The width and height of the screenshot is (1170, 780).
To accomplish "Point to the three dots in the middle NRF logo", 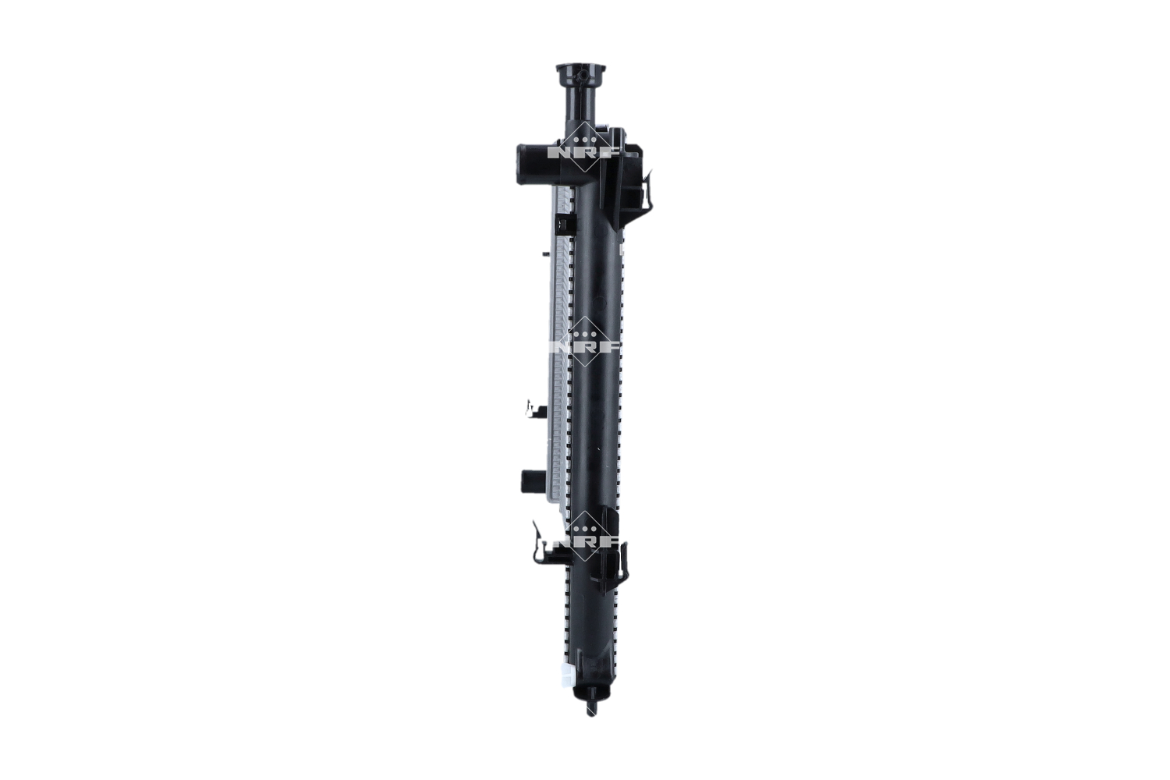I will click(x=585, y=334).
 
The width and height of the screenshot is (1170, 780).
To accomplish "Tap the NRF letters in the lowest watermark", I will click(x=585, y=541).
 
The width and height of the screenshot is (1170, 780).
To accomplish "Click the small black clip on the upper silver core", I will click(x=564, y=225).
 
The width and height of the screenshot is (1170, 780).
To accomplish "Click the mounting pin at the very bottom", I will click(x=590, y=707).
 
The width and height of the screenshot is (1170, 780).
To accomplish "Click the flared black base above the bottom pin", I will click(x=590, y=690).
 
